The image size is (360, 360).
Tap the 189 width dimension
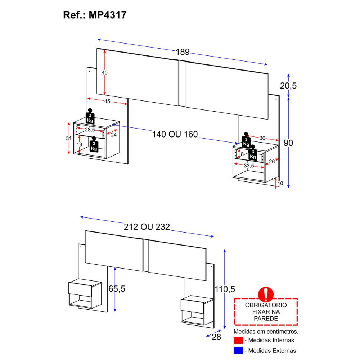[x=183, y=52]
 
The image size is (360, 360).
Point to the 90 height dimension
[x=288, y=143]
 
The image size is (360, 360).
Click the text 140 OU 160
[x=175, y=134]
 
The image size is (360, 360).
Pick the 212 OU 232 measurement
[x=147, y=227]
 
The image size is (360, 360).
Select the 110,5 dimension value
[x=224, y=289]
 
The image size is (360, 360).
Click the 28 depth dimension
[x=216, y=337]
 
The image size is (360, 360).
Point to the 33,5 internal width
[x=249, y=166]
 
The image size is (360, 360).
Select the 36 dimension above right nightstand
[x=262, y=138]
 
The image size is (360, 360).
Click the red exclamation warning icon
[x=266, y=294]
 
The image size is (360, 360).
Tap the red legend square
[x=238, y=340]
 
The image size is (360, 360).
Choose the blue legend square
[x=238, y=350]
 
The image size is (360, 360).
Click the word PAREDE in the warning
[x=266, y=319]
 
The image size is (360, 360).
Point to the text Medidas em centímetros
[x=266, y=331]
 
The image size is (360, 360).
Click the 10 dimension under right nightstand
[x=280, y=183]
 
